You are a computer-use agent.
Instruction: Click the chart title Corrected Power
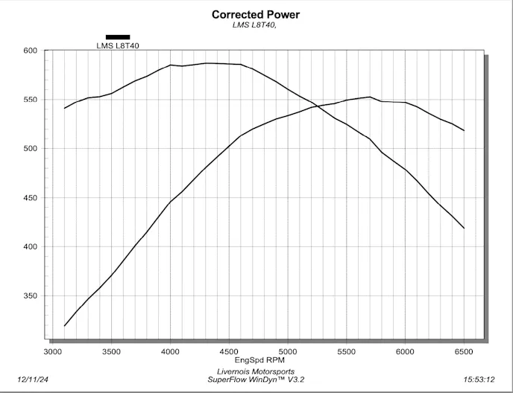[256, 14]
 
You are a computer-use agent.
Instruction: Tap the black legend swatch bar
[118, 36]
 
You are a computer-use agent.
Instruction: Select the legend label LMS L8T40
[118, 45]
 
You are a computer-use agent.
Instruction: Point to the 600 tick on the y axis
[30, 51]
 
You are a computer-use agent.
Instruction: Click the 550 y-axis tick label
[30, 100]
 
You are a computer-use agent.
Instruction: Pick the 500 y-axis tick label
[30, 149]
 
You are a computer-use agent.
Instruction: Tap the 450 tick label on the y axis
[30, 198]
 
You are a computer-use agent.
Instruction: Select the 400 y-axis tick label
[30, 247]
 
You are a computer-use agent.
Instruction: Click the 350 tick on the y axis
[30, 296]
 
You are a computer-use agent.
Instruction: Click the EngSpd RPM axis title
[256, 360]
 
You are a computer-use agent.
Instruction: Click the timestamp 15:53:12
[479, 379]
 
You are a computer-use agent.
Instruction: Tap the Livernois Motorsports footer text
[256, 371]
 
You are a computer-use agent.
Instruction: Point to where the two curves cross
[315, 106]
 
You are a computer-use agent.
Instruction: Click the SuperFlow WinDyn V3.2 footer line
[256, 380]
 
